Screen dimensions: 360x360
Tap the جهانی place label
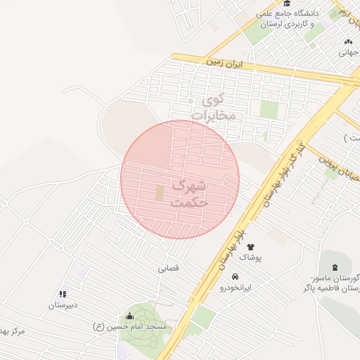349,51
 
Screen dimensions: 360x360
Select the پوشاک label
250,258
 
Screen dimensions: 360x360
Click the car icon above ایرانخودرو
243,276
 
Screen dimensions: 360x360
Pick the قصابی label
169,268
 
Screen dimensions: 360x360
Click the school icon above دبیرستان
63,294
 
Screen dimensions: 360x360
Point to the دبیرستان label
63,305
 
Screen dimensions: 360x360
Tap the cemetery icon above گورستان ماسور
335,266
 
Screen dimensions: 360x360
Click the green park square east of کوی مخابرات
269,110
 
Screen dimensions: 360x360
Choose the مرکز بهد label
13,331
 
